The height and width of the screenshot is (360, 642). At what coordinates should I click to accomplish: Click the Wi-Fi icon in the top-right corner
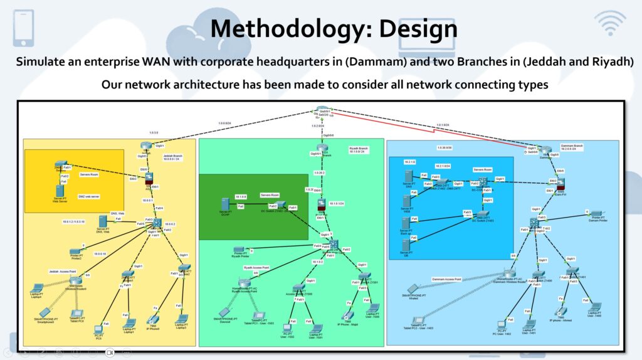(x=610, y=23)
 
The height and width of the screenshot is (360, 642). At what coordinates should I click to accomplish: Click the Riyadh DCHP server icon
(x=224, y=204)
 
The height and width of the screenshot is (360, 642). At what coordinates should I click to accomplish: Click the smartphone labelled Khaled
(x=412, y=289)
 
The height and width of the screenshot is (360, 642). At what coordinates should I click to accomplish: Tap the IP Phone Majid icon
(x=349, y=314)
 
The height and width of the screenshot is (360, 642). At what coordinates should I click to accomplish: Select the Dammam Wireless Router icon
(x=507, y=274)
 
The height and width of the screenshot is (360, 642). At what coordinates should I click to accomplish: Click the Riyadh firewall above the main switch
(x=322, y=205)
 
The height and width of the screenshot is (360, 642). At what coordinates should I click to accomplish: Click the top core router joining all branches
(x=322, y=110)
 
